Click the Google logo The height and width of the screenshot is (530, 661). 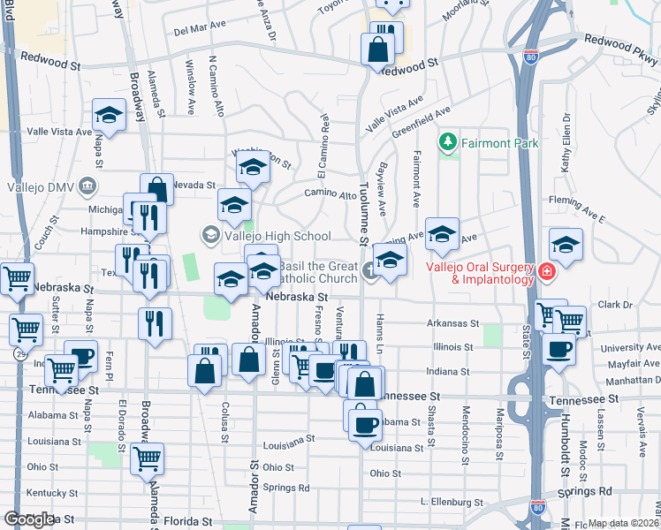tap(28, 519)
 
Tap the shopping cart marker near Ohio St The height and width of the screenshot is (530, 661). tap(147, 458)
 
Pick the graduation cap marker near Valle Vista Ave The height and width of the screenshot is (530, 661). tap(109, 115)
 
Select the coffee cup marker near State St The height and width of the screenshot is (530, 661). tap(558, 349)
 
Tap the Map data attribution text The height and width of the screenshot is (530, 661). tap(623, 523)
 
